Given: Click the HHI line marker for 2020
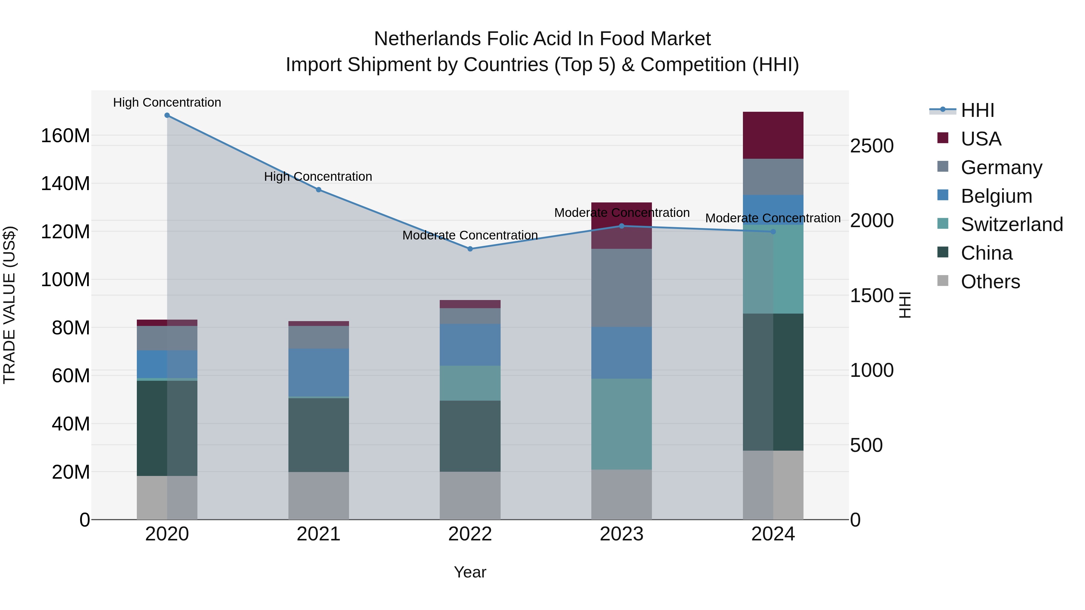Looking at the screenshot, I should click(x=167, y=115).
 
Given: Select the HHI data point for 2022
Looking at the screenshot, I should click(x=470, y=249).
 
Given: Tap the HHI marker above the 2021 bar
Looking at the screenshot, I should click(x=319, y=190).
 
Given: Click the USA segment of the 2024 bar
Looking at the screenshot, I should click(x=773, y=135).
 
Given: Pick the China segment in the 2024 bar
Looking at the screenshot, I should click(x=773, y=382).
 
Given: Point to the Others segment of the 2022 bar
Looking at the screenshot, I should click(x=470, y=496).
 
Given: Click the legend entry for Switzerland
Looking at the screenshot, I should click(x=1012, y=224).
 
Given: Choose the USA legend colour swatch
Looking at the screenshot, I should click(x=943, y=138).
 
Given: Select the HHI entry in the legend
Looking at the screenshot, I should click(x=977, y=110).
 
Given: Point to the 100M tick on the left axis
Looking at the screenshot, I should click(x=65, y=280).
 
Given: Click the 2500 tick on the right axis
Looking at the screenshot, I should click(x=871, y=146).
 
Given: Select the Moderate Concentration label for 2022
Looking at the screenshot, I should click(x=470, y=235).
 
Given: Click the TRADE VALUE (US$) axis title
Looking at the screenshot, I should click(x=9, y=305).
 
